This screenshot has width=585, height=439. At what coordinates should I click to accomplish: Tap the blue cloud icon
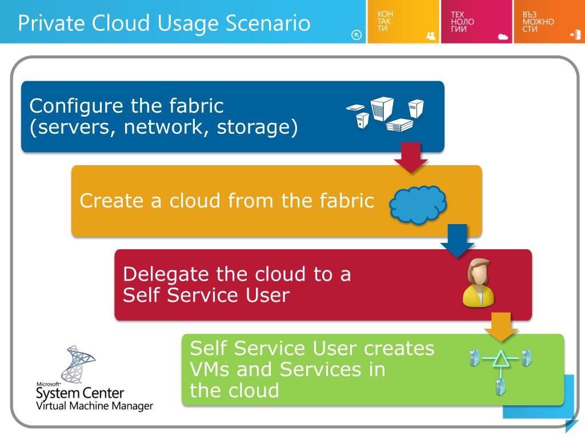coord(418,203)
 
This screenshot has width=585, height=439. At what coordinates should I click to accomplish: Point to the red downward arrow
coord(411,157)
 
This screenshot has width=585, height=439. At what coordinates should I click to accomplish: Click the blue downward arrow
coord(457,241)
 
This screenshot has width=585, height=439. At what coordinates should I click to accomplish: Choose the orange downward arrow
coord(501,326)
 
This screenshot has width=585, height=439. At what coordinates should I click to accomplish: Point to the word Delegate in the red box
coord(165,274)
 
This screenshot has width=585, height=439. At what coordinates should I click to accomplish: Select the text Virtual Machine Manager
coord(94,406)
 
